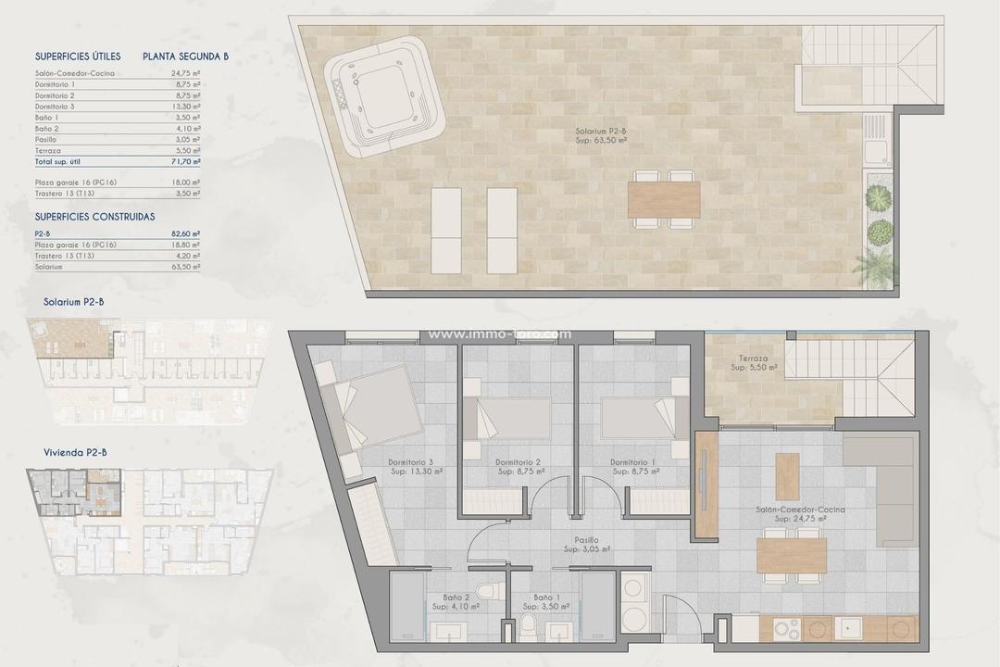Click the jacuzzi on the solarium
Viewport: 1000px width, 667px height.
point(384,96)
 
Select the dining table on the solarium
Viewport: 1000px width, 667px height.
point(664,199)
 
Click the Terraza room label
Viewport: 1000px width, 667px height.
point(753,362)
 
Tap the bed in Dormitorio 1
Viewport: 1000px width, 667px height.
point(641,418)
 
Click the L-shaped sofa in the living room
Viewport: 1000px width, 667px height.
point(884,486)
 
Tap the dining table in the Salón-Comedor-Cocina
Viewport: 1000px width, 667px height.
point(792,556)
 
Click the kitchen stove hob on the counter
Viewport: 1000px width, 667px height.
point(787,629)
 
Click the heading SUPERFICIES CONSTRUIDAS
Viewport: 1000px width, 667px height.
point(94,216)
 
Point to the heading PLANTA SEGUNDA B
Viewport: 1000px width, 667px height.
point(186,57)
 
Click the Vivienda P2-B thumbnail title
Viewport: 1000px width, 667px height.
point(75,453)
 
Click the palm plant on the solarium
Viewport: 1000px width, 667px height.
point(873,269)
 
